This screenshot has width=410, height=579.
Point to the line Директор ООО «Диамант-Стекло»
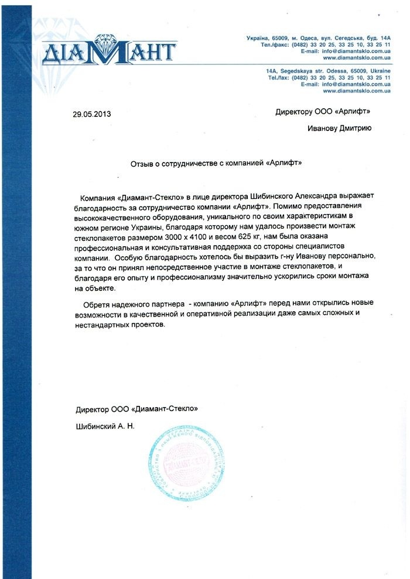coord(141,409)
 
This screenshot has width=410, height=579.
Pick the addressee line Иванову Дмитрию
coord(339,129)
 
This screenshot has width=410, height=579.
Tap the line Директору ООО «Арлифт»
coord(323,111)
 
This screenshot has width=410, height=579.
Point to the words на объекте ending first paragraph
coord(97,289)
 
